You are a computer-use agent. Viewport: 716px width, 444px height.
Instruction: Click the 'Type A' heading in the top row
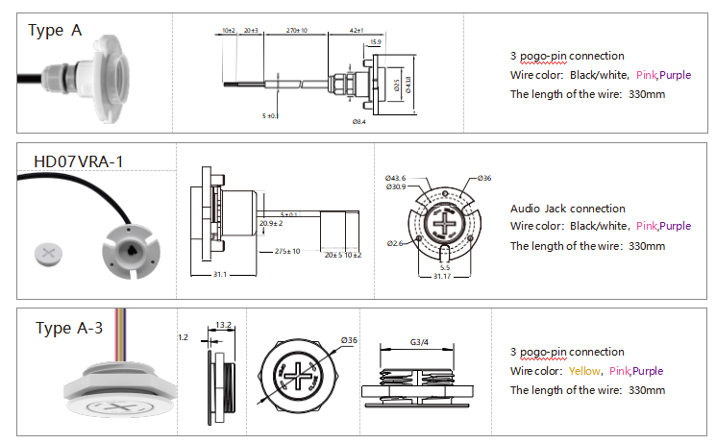coord(55,31)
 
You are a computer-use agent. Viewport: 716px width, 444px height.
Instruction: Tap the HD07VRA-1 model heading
coord(78,160)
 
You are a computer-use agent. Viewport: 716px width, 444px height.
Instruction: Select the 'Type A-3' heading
coord(69,329)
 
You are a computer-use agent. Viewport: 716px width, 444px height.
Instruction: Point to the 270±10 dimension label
coord(297,31)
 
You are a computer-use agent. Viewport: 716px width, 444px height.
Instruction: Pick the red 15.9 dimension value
coord(373,42)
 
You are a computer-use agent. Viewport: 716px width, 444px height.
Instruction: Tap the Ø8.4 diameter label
coord(359,122)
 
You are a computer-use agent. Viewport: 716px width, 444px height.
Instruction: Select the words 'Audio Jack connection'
coord(567,209)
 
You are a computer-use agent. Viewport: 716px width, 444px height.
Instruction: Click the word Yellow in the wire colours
coord(583,371)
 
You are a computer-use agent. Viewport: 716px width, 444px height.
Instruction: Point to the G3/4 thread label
coord(419,341)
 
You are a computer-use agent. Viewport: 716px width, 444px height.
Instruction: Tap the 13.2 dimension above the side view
coord(223,325)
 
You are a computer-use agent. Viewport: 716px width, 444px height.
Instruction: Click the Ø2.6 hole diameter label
coord(396,241)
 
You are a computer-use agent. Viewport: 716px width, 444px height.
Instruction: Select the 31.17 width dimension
coord(443,277)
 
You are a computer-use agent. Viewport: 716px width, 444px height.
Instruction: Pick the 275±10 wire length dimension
coord(287,251)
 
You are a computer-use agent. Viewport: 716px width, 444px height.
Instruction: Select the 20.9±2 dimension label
coord(271,223)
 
